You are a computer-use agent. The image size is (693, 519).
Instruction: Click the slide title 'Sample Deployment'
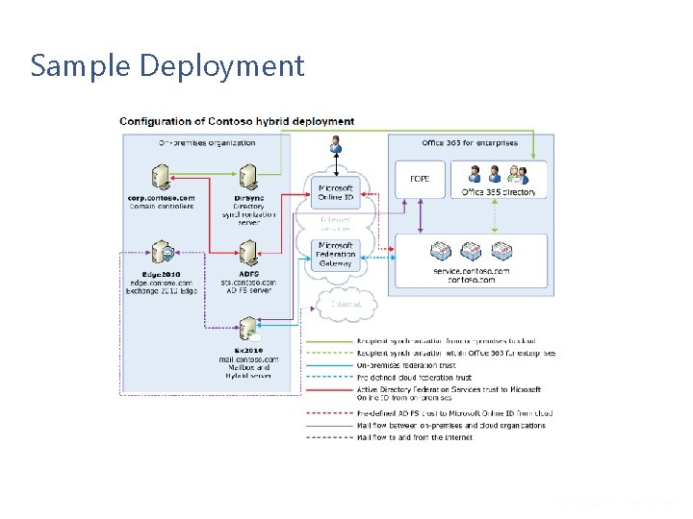(167, 65)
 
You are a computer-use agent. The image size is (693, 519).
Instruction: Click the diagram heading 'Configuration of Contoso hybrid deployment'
(237, 121)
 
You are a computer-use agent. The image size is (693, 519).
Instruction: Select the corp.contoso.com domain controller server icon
(161, 177)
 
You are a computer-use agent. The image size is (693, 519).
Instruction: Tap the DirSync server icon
(248, 177)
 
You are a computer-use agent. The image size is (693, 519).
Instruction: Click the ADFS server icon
(248, 254)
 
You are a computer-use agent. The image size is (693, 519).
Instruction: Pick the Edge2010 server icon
(161, 254)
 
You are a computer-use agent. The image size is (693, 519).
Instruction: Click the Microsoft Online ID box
(336, 192)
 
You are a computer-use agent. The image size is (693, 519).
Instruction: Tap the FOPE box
(420, 179)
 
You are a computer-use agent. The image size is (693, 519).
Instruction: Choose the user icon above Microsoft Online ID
(336, 145)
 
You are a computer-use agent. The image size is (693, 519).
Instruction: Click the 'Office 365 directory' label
(499, 192)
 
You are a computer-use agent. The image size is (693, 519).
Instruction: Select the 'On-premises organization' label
(207, 142)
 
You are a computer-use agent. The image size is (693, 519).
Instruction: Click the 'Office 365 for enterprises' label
(470, 143)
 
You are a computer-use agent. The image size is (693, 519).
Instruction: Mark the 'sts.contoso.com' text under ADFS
(248, 283)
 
